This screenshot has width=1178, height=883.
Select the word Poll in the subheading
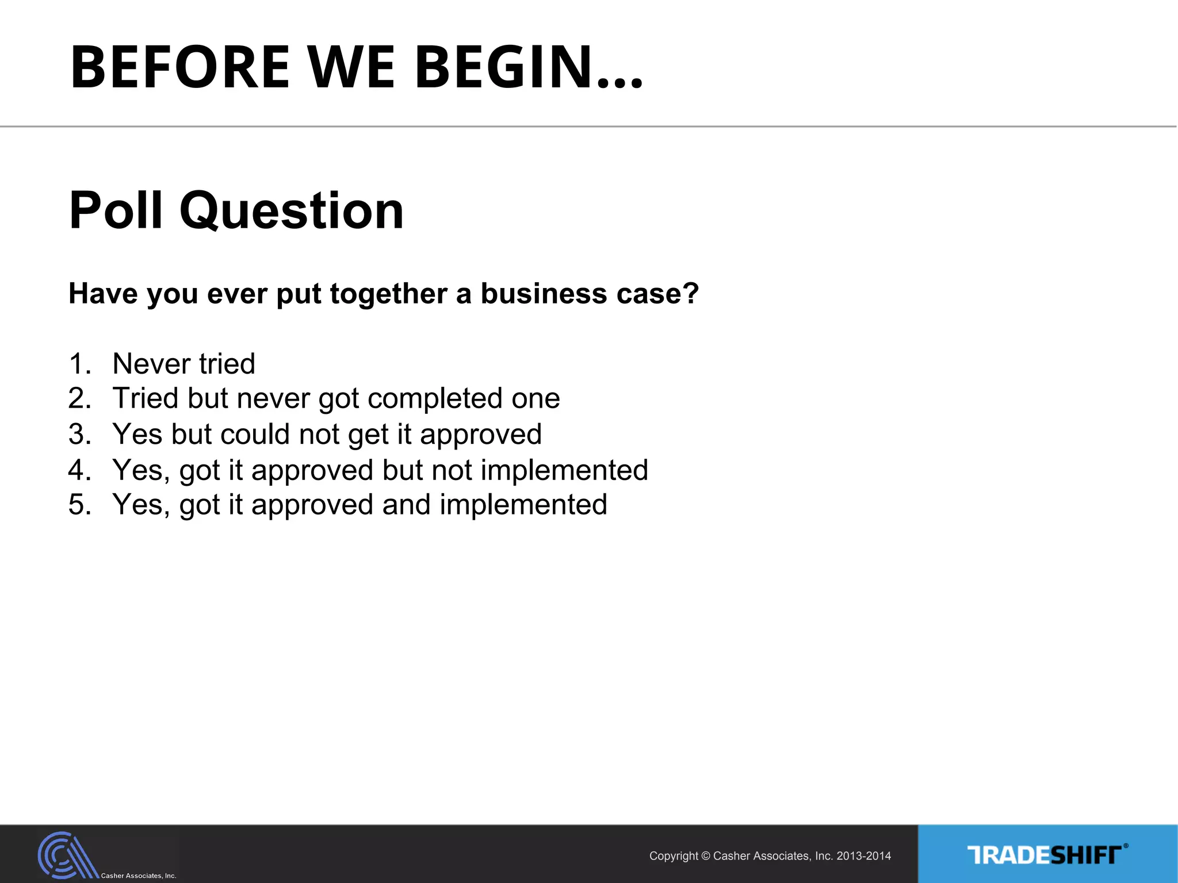[116, 210]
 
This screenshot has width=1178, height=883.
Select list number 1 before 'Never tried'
[78, 364]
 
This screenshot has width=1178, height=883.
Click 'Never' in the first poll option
[151, 364]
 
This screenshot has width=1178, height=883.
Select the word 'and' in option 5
[406, 505]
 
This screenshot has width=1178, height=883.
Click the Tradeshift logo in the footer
[1047, 855]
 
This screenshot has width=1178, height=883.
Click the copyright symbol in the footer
[706, 857]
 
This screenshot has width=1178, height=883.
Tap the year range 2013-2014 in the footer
[863, 856]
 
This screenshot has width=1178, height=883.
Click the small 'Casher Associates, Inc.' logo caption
[139, 876]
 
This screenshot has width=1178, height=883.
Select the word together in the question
[389, 294]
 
